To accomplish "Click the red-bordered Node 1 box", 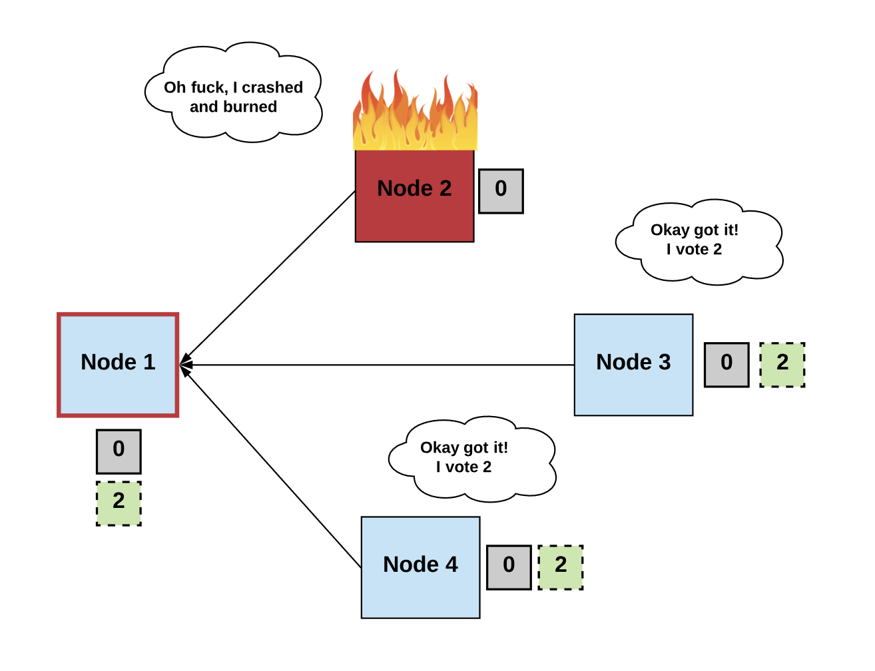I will [118, 365].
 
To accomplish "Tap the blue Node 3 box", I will [633, 365].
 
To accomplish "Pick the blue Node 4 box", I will [420, 567].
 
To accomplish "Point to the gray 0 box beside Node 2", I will [501, 191].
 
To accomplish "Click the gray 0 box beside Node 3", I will [727, 365].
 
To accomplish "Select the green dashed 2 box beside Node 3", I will [782, 365].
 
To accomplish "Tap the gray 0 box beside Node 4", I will [509, 567].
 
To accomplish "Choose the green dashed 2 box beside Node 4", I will [561, 567].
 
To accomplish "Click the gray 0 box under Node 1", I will [119, 451].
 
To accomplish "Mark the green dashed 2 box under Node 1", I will [119, 503].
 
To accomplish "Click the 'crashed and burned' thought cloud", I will [233, 93].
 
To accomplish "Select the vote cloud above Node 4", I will [471, 458].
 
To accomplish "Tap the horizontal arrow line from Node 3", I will [380, 365].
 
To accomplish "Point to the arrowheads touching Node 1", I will [186, 364].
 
